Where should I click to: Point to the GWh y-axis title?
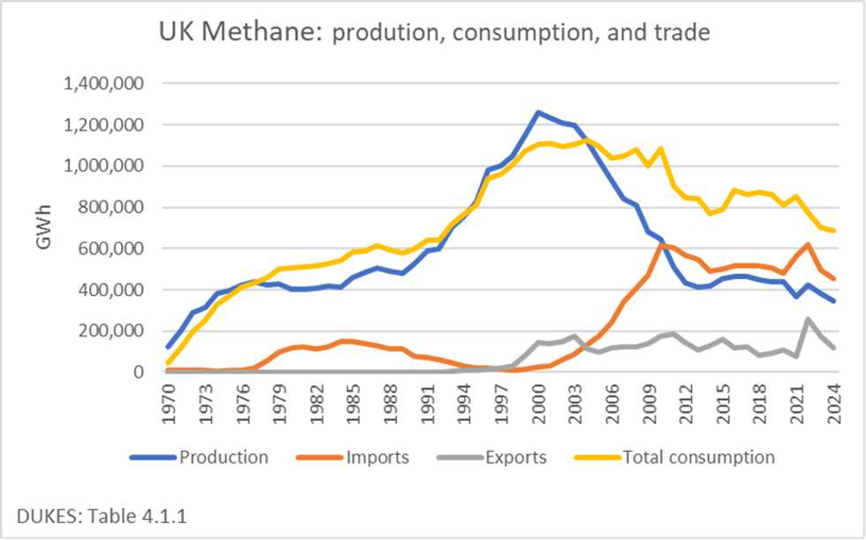click(x=45, y=227)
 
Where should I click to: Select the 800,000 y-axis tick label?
click(x=113, y=208)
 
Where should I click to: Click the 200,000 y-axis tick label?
click(x=113, y=331)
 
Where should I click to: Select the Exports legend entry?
click(x=515, y=457)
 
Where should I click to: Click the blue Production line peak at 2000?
click(x=538, y=112)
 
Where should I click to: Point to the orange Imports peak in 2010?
click(x=661, y=246)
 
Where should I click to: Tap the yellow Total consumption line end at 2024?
click(x=833, y=231)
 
